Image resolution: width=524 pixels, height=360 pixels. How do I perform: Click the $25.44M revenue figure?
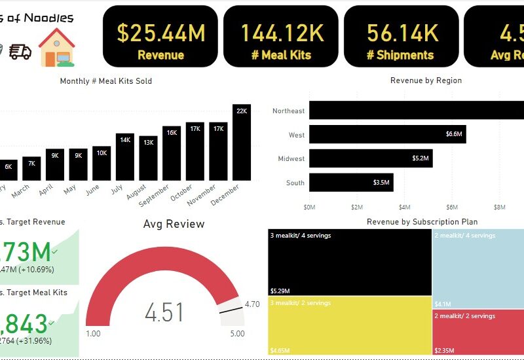pos(160,33)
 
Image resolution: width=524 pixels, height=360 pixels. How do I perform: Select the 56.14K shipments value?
pos(402,33)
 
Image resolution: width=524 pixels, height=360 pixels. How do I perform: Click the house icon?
pos(57,47)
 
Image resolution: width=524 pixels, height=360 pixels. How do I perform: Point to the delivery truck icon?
pos(20,51)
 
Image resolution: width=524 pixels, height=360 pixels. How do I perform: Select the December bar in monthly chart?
pos(242,142)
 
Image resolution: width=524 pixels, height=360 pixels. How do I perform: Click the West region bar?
pos(387,135)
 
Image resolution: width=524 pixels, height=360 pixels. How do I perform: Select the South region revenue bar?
pos(351,183)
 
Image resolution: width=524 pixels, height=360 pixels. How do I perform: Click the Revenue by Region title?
pos(426,81)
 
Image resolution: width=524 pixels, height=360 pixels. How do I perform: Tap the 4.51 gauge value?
pos(164,312)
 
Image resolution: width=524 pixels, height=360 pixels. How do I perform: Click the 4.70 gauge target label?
pos(252,304)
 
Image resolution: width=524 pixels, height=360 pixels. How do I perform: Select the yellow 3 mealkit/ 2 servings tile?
pos(350,325)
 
